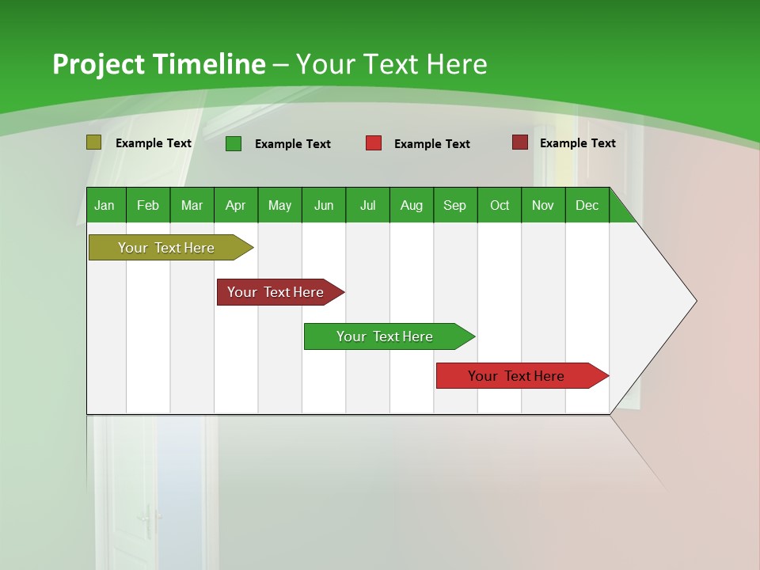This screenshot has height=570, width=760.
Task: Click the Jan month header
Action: (x=105, y=205)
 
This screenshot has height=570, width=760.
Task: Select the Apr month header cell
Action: (x=236, y=205)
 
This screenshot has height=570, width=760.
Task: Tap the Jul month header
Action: (x=367, y=205)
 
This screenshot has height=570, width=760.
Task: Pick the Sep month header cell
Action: (x=455, y=205)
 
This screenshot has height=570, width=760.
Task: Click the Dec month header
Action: (x=587, y=205)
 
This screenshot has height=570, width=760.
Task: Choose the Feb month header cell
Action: (x=148, y=205)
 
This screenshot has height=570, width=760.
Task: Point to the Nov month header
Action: (x=543, y=205)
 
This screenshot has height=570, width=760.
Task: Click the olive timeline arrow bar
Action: (x=167, y=248)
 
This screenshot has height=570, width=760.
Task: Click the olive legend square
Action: (x=94, y=142)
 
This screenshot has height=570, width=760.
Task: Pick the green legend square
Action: (x=234, y=143)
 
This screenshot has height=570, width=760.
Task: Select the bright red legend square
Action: (x=374, y=143)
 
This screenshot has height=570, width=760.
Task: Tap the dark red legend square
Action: (x=520, y=142)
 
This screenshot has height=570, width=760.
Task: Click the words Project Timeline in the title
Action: (x=158, y=64)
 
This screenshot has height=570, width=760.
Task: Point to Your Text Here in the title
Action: (x=392, y=64)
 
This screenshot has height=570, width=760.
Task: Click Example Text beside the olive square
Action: (x=154, y=143)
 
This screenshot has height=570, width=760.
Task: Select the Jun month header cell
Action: (x=324, y=205)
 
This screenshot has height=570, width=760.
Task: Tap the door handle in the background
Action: (x=146, y=521)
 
